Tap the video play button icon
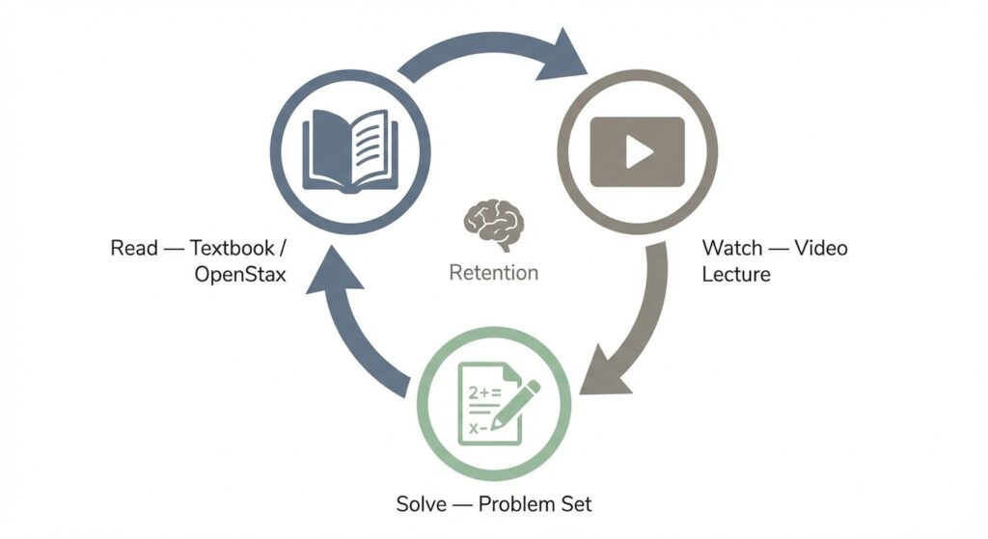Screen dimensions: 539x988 pyautogui.click(x=637, y=150)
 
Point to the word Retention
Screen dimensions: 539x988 pyautogui.click(x=493, y=273)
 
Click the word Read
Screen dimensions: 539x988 pyautogui.click(x=134, y=249)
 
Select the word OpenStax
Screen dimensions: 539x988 pyautogui.click(x=240, y=274)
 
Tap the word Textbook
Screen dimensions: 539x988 pyautogui.click(x=233, y=249)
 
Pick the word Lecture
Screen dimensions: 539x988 pyautogui.click(x=736, y=274)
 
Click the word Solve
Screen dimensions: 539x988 pyautogui.click(x=421, y=503)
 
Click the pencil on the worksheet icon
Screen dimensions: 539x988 pyautogui.click(x=516, y=404)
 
